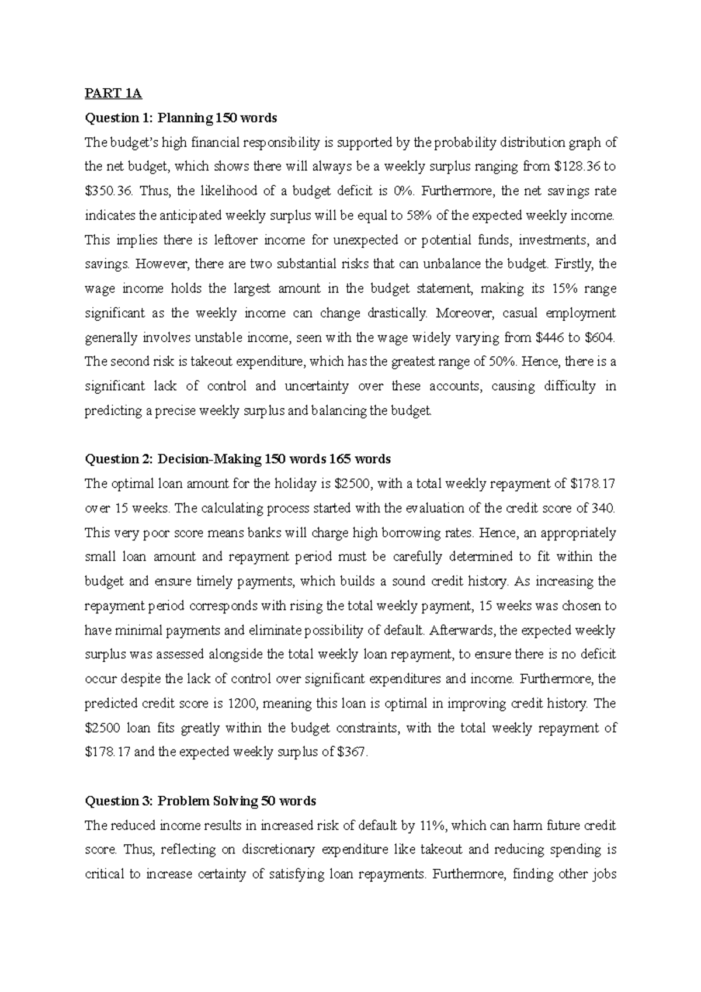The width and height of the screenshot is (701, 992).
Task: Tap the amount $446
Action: click(x=550, y=338)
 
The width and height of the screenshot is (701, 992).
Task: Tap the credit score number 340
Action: click(x=603, y=508)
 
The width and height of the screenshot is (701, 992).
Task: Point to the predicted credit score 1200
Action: click(x=243, y=703)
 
